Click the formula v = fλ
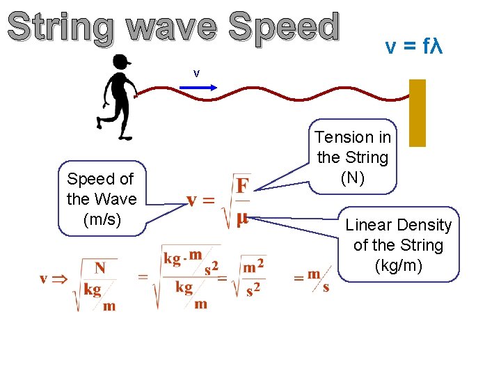pyautogui.click(x=414, y=47)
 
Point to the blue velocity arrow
pyautogui.click(x=198, y=88)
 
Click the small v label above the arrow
pyautogui.click(x=197, y=73)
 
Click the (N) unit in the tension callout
pyautogui.click(x=352, y=177)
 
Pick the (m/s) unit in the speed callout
pyautogui.click(x=102, y=219)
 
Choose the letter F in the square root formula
pyautogui.click(x=243, y=186)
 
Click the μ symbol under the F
pyautogui.click(x=242, y=219)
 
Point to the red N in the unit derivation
pyautogui.click(x=100, y=268)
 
